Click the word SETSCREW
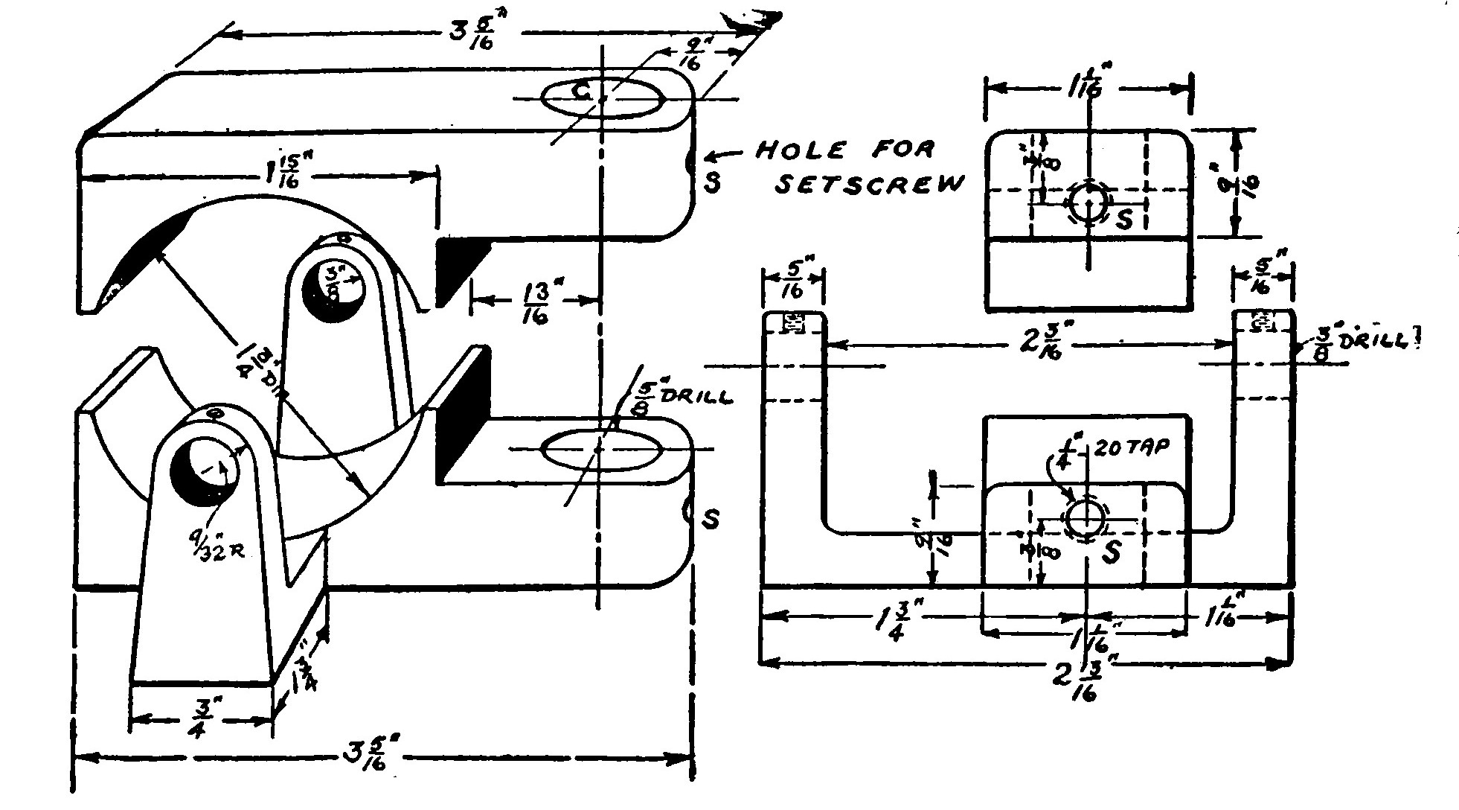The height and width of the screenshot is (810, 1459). coord(869,185)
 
